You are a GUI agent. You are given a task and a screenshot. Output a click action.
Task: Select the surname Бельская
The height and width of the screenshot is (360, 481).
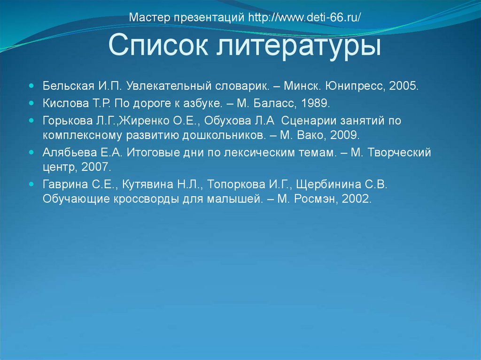(x=69, y=87)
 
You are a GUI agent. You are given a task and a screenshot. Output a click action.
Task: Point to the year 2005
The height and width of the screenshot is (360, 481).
(x=403, y=87)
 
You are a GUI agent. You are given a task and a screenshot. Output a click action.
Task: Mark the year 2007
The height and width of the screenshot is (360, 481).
(x=96, y=167)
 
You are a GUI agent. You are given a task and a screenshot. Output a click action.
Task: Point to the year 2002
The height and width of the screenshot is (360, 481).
(x=357, y=199)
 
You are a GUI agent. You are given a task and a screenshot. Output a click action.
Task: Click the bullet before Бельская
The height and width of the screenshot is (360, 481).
(x=31, y=87)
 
